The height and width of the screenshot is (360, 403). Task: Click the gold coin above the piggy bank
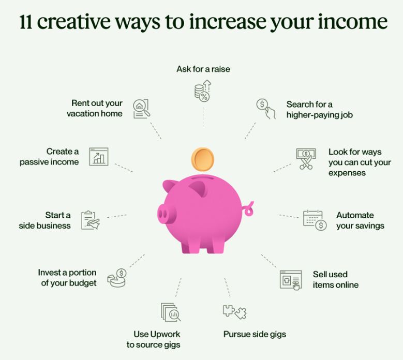point(202,160)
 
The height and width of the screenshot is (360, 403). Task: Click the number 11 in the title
point(26,22)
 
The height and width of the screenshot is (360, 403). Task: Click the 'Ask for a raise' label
point(203,69)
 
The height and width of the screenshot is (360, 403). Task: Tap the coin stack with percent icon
point(203,91)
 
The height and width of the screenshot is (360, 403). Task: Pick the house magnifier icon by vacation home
point(141,109)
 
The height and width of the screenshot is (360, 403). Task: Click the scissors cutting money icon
point(306,159)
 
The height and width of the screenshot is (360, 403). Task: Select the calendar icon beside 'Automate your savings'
point(315,220)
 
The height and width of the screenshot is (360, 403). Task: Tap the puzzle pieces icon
point(234,312)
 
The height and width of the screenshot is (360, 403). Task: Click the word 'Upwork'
point(165,334)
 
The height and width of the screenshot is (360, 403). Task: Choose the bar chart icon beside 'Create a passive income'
point(99,157)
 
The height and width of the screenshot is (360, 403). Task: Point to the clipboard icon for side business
point(90,220)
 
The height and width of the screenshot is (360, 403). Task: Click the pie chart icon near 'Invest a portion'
point(117,278)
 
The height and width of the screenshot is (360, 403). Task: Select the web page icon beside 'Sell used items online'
point(291,280)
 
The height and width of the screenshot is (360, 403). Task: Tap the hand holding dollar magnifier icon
point(266,109)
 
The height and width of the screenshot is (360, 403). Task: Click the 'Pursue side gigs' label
point(255,334)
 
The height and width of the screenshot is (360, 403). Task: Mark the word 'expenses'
point(347,173)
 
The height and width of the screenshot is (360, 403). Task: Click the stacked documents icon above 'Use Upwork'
point(170,312)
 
